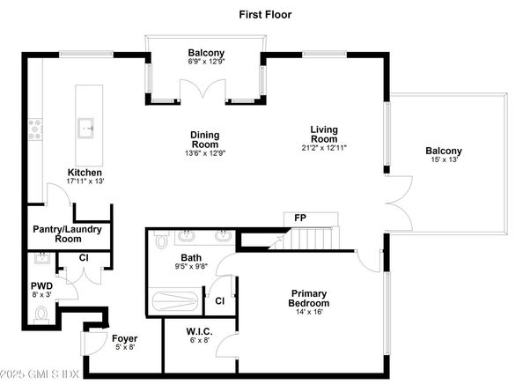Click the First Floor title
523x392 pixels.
(265, 14)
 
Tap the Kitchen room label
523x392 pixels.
(85, 172)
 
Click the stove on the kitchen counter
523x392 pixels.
(36, 129)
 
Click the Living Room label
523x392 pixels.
(323, 134)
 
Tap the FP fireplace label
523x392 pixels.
(299, 217)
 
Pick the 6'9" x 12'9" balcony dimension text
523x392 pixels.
(204, 63)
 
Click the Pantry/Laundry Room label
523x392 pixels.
(68, 233)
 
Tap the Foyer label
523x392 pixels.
(123, 338)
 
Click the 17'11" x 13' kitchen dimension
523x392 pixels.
(85, 181)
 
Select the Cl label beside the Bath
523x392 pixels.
(218, 300)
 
